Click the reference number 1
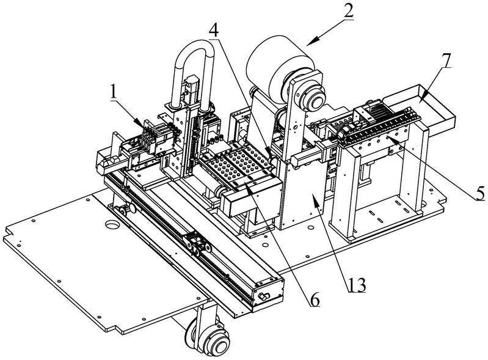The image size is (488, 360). (114, 92)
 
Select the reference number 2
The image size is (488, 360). (348, 12)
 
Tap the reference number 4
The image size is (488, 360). (214, 31)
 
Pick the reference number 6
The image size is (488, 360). (315, 300)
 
